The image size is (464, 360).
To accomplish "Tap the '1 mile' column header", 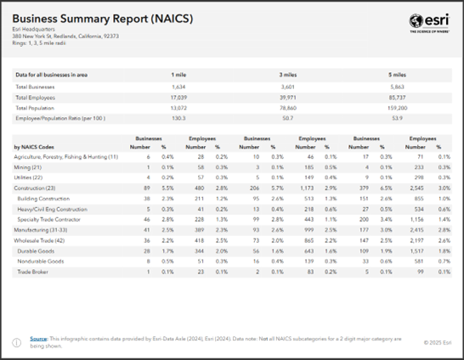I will (178, 75).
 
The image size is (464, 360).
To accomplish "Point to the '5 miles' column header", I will (396, 75).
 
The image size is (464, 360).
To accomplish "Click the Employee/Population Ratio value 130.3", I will (178, 119).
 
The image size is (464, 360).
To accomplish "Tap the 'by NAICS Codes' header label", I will (35, 147).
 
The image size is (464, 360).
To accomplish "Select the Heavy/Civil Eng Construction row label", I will (52, 209).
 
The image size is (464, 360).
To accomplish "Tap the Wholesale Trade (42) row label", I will (41, 241).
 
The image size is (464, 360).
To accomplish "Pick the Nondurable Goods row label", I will (42, 262).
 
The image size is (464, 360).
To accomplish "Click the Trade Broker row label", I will (32, 272).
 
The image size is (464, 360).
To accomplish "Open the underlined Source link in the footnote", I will (38, 338).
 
